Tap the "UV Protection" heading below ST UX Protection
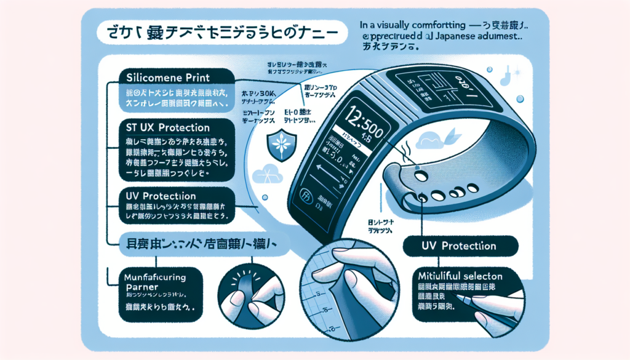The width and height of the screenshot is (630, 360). [x=160, y=196]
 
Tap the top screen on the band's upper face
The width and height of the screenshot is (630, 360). [x=430, y=87]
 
